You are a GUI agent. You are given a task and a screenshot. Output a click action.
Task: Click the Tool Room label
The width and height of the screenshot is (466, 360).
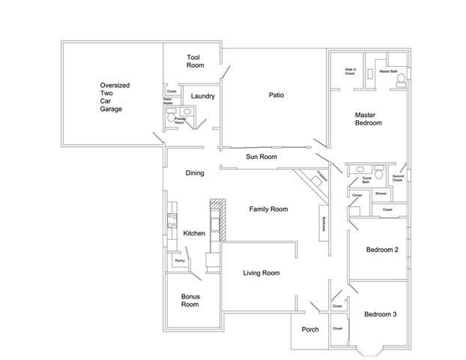coord(196,61)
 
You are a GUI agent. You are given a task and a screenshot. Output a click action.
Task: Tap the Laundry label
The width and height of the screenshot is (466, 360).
coord(203,96)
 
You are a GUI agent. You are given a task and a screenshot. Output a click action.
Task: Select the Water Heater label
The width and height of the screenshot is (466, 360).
coord(169,101)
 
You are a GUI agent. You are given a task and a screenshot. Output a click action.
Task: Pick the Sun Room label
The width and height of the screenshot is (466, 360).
coord(261,157)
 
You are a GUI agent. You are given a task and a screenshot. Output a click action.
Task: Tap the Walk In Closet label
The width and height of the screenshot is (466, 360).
coord(350,72)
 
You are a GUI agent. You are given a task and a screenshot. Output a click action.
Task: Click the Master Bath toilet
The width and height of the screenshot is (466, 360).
coord(401,78)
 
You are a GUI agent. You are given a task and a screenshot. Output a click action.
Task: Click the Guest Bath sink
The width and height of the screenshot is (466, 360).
coord(360,169)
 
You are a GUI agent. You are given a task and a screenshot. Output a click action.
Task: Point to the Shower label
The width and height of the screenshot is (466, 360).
coord(381,193)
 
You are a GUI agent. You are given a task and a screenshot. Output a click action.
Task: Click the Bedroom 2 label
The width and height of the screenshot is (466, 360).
coord(381,250)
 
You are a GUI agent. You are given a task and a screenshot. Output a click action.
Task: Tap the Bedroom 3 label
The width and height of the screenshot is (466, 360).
coord(381,314)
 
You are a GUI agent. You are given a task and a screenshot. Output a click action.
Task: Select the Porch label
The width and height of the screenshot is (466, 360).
coord(310,329)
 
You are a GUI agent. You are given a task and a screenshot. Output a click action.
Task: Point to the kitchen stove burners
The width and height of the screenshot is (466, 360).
coord(171,220)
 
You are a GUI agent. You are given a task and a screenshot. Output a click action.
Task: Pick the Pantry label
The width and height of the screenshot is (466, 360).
coord(180,260)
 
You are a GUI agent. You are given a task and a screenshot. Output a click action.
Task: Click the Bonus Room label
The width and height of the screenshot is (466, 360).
coord(190,301)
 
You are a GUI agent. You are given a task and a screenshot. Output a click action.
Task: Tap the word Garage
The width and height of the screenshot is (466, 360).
coord(111,109)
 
